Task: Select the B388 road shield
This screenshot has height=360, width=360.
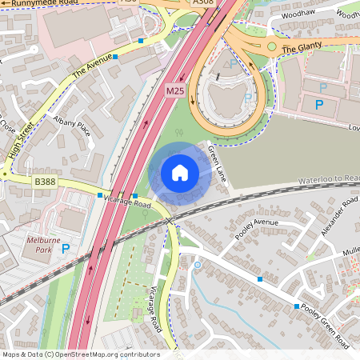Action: (x=45, y=182)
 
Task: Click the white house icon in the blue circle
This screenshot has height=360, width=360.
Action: (x=180, y=173)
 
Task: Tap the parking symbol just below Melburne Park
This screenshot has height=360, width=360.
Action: (x=65, y=249)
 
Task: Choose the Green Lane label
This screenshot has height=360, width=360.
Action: (x=217, y=163)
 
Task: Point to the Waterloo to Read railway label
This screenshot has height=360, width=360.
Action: (x=328, y=179)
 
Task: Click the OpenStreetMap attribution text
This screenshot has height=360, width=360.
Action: (x=80, y=354)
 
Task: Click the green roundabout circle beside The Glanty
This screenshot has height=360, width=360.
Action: (x=271, y=47)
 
